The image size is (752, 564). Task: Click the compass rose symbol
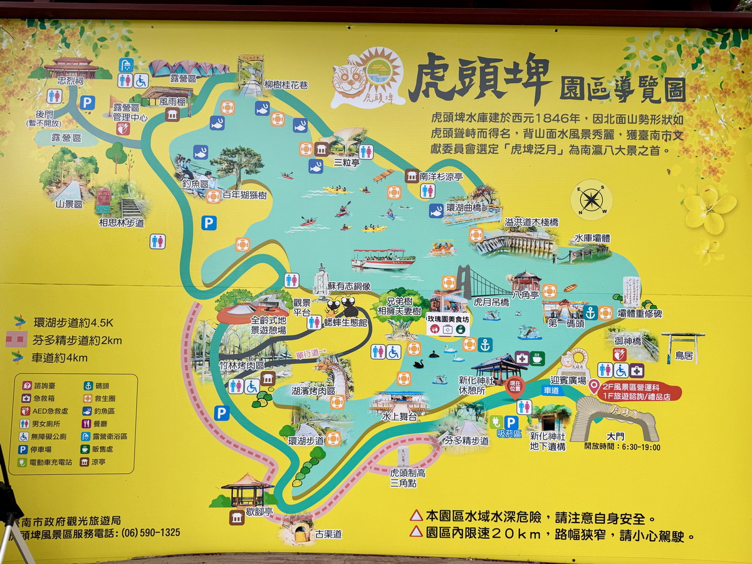click(x=592, y=200)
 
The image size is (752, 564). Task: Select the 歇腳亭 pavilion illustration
click(x=247, y=490)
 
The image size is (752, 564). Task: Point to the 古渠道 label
click(x=328, y=534)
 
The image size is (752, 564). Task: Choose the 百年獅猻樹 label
click(x=244, y=196)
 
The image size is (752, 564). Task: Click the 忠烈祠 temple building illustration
click(x=70, y=66)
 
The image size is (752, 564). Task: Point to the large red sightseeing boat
click(x=382, y=259)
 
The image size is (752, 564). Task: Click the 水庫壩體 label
click(x=592, y=239)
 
